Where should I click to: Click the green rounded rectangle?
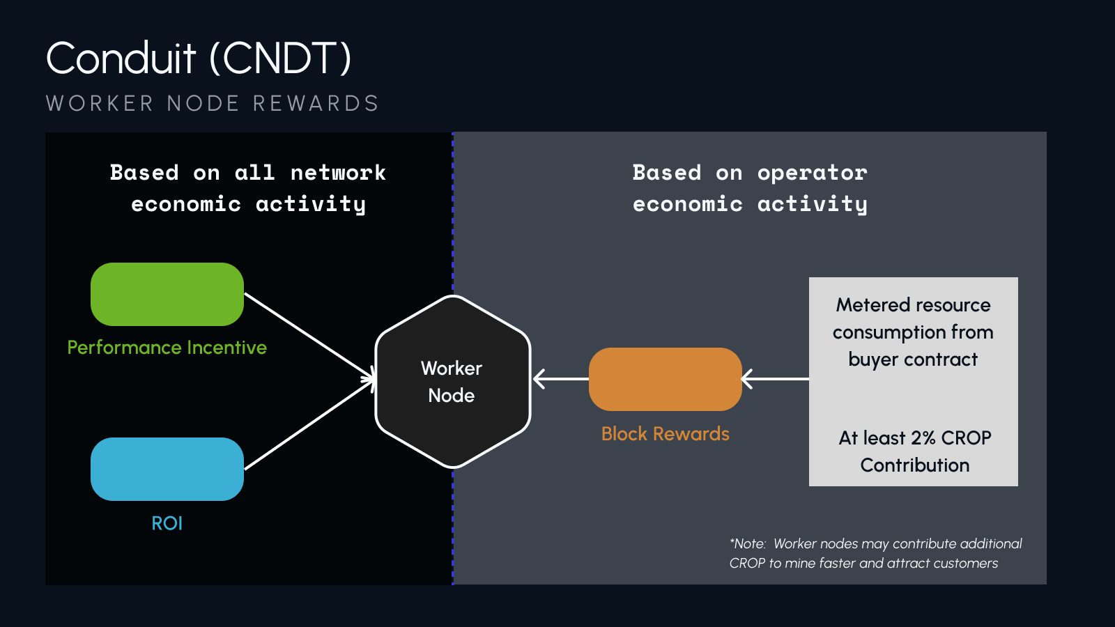tap(167, 294)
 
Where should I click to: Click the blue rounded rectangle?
tap(167, 469)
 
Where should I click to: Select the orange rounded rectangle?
tap(665, 379)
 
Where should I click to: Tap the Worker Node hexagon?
tap(453, 382)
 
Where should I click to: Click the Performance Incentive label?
tap(167, 348)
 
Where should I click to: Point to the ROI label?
tap(167, 523)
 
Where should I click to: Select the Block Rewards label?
tap(665, 434)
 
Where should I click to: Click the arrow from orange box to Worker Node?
tap(561, 379)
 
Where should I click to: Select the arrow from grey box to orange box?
tap(775, 379)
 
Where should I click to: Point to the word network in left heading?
tap(338, 173)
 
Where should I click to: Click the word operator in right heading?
tap(812, 173)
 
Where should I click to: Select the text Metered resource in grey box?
tap(913, 305)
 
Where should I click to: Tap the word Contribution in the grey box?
tap(914, 465)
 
